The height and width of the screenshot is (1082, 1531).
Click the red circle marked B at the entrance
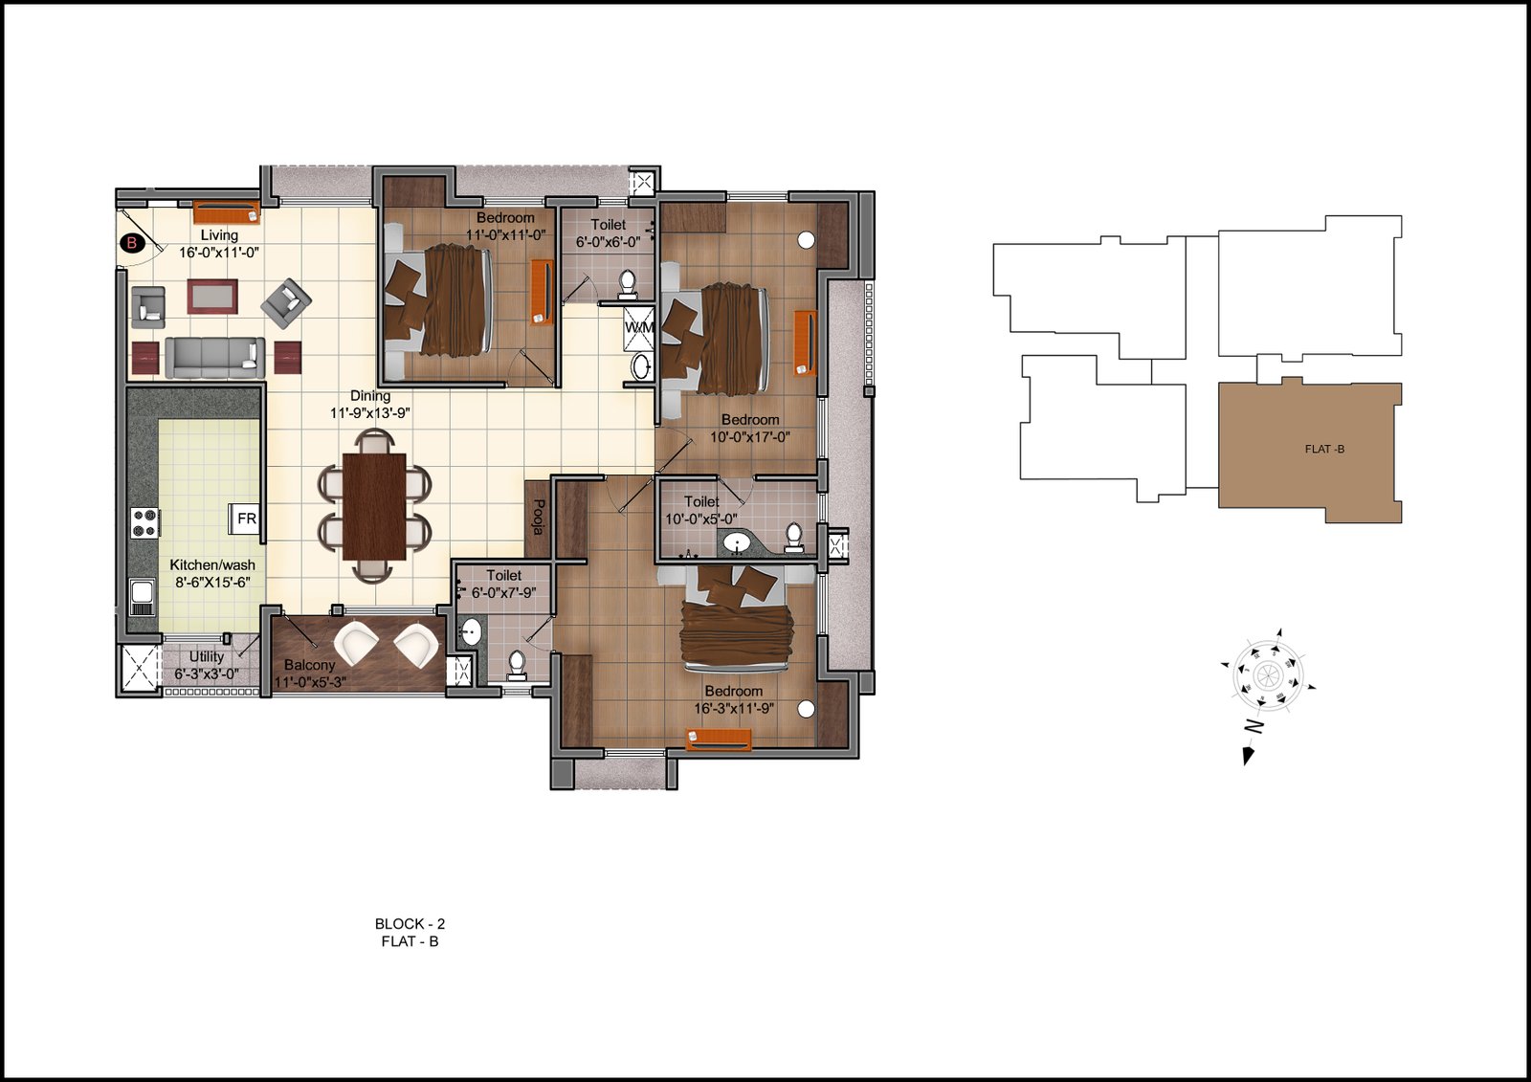[132, 242]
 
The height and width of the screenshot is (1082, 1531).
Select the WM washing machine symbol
[639, 327]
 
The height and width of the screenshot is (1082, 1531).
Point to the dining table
[374, 506]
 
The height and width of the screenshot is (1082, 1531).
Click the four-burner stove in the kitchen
[144, 522]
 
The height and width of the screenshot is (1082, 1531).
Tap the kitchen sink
[143, 597]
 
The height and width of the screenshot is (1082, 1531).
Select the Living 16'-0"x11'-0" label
[219, 243]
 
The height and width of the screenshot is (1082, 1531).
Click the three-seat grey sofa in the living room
[214, 357]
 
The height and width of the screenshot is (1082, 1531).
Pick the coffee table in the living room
[213, 296]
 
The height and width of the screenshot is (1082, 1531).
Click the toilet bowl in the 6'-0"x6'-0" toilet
[627, 284]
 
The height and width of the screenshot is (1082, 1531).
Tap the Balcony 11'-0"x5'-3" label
[310, 673]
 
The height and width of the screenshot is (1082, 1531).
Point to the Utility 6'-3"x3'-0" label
[207, 664]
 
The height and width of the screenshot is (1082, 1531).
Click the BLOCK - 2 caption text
[410, 923]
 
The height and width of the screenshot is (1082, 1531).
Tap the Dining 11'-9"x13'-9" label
[370, 404]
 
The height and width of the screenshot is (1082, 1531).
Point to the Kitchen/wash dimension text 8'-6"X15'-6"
[212, 583]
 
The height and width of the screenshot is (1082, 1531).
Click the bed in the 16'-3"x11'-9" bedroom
[736, 619]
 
